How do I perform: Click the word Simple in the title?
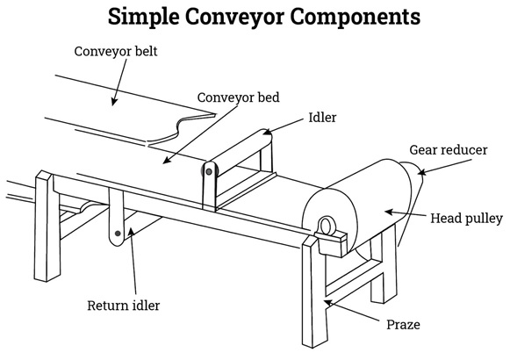[143, 17]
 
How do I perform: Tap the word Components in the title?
[355, 17]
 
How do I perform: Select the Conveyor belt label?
[116, 52]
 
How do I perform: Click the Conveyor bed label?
[239, 97]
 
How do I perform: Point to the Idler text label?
[322, 118]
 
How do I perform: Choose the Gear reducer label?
[449, 150]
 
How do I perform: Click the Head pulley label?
[467, 219]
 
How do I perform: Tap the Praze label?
[403, 325]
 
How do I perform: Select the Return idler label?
[124, 306]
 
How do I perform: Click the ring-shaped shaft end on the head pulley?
[325, 226]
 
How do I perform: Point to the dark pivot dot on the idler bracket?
[209, 171]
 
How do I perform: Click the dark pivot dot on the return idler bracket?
[119, 234]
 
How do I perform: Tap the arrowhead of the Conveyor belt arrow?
[113, 102]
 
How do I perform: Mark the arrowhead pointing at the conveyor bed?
[166, 161]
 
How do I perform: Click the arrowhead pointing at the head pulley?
[389, 212]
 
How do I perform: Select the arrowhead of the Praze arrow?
[328, 303]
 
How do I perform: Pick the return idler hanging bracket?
[116, 217]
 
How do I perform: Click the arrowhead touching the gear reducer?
[422, 172]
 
